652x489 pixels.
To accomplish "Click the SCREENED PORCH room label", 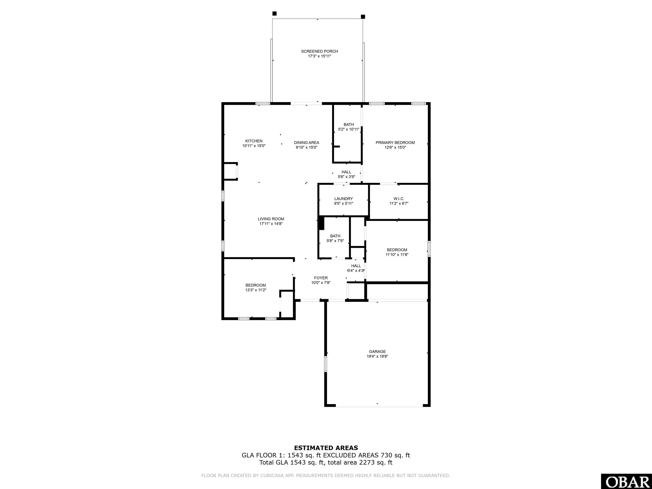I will (319, 51).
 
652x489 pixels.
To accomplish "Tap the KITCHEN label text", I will (254, 141).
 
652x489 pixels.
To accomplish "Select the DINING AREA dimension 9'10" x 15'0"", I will (306, 147).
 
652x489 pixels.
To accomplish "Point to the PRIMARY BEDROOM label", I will (395, 143).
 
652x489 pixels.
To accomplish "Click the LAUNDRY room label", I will (343, 199).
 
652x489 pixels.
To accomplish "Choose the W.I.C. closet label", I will (399, 199).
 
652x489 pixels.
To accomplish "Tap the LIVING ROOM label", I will (271, 219).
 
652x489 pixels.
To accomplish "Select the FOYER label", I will (321, 278).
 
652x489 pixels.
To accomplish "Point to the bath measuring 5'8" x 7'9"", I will (335, 238).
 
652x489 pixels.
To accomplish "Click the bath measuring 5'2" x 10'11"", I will (348, 127).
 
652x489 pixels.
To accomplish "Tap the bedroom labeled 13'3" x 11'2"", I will (256, 287).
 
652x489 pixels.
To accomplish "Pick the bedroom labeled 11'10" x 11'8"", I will (397, 252).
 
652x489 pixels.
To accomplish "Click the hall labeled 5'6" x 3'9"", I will (346, 174).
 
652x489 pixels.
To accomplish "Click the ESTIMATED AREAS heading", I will (326, 448).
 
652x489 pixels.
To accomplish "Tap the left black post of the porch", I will (274, 14).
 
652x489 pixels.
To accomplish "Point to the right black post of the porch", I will (363, 17).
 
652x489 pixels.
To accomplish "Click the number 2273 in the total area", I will (366, 462).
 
